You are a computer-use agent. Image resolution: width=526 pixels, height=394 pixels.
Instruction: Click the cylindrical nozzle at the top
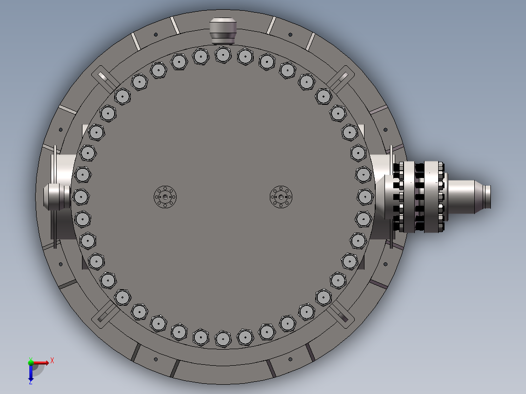[x=223, y=31]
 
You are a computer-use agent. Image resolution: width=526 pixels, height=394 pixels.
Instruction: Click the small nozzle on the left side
[x=57, y=197]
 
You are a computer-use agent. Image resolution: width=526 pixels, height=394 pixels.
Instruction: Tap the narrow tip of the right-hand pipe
[x=487, y=197]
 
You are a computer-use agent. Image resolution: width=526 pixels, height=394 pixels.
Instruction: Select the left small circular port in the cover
[x=165, y=197]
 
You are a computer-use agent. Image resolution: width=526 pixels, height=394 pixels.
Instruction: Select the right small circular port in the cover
[x=281, y=197]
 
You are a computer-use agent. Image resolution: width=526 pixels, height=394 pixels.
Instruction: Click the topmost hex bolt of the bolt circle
[x=223, y=55]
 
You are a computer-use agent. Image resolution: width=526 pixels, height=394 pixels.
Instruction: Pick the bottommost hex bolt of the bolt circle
[x=223, y=339]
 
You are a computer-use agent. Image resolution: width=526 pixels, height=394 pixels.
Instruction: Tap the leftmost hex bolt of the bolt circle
[x=81, y=197]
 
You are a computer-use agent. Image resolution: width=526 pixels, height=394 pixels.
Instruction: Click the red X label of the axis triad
[x=52, y=361]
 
